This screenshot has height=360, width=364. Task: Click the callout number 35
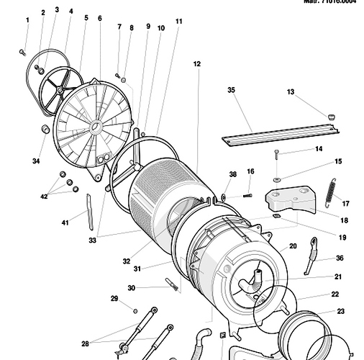tap(231, 90)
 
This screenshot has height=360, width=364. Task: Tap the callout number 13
tap(291, 92)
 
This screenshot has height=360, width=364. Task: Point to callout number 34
tap(35, 161)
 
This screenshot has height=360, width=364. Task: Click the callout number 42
tap(44, 195)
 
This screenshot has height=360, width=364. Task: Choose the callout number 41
tap(65, 222)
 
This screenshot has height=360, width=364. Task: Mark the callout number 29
tap(114, 298)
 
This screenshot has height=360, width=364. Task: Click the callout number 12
tap(196, 64)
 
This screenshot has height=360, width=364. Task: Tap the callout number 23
tap(340, 311)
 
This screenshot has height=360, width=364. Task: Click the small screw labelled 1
tap(23, 52)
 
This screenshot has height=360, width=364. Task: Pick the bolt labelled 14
tap(278, 153)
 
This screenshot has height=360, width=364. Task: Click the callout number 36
tap(340, 258)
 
